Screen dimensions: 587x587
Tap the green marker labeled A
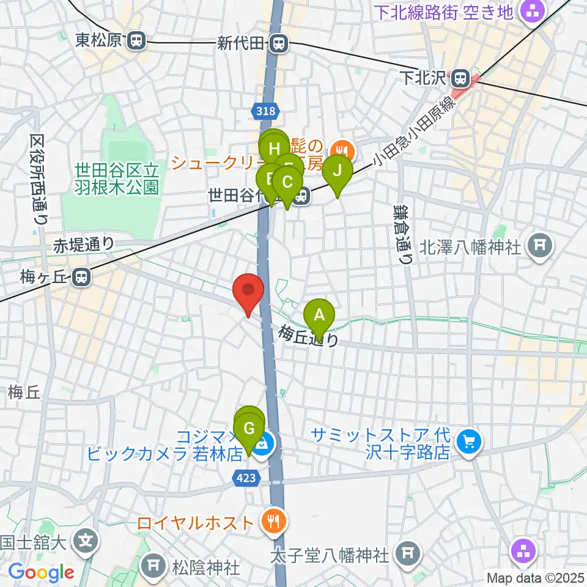coord(319,317)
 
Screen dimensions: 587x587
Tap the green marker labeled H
coord(274,149)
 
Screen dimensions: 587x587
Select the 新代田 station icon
coord(279,43)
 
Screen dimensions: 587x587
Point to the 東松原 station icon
coord(137,41)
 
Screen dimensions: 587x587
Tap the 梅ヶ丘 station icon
coord(80,278)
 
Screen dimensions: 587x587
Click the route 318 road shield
coord(265,111)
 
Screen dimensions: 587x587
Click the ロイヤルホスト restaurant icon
coord(270,522)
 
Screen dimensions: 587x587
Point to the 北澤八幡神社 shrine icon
coord(541,246)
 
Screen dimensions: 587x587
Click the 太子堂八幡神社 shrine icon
coord(406,555)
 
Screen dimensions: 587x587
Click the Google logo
coord(41,572)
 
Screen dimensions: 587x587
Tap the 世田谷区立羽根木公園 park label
coord(117,177)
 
